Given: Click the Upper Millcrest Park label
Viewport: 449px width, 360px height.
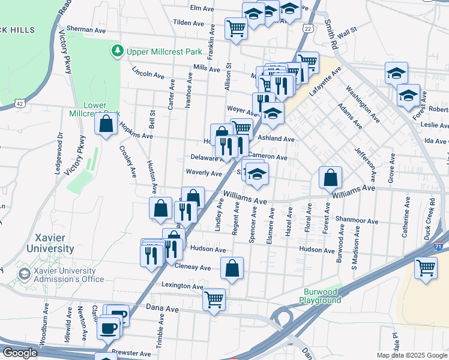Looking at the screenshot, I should pos(164,52).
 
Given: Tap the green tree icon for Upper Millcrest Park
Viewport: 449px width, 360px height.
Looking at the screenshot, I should pos(118,52).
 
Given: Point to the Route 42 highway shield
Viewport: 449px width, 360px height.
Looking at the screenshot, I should pos(20,103).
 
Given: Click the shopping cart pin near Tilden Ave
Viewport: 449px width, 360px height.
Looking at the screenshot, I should pos(236,28).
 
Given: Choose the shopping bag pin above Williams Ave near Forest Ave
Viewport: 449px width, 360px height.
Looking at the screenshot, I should pos(330,178).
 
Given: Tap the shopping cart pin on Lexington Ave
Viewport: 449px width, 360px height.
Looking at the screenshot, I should pos(214,299).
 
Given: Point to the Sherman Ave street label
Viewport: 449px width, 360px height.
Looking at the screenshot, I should pos(86,28).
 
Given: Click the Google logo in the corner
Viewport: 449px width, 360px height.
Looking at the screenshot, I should pos(20,353).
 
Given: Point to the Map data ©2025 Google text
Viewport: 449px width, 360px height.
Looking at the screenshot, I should pos(412,355).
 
